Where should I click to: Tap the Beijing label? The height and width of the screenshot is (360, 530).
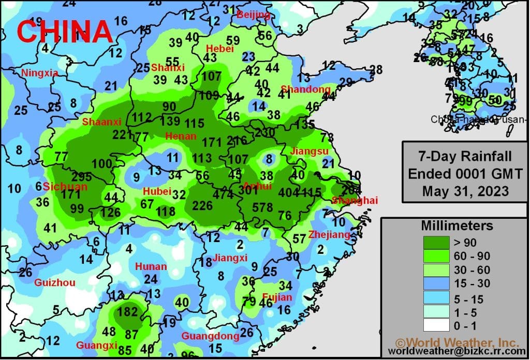(254, 15)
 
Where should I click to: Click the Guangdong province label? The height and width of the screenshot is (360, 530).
(210, 336)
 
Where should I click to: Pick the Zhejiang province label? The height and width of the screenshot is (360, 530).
(329, 235)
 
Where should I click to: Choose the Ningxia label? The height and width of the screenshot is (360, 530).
(39, 73)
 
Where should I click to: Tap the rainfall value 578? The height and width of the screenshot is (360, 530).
(262, 207)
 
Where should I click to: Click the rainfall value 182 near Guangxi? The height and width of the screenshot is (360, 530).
(128, 312)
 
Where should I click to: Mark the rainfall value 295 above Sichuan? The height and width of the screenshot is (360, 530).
(82, 176)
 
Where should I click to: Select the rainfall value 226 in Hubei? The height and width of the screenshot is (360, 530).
(202, 206)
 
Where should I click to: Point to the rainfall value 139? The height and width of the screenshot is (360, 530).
(170, 122)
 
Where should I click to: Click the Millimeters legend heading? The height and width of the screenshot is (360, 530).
(457, 226)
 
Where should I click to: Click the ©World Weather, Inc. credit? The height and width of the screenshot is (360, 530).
(457, 342)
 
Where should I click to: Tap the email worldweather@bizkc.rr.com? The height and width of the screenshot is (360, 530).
(457, 352)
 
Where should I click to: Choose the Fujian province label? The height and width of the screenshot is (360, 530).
(277, 297)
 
